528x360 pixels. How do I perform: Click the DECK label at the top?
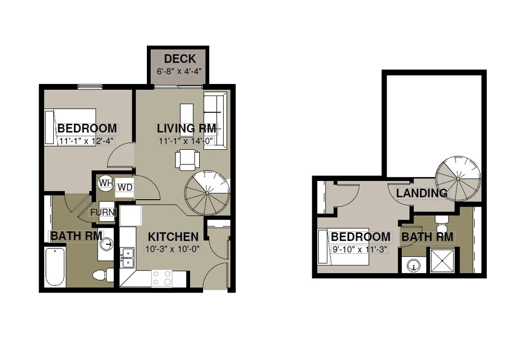click(x=180, y=59)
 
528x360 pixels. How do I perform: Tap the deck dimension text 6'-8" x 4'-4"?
click(x=180, y=71)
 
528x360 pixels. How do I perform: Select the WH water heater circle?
click(x=106, y=183)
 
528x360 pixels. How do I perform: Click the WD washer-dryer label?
click(x=124, y=188)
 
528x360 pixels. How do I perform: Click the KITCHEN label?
click(x=172, y=236)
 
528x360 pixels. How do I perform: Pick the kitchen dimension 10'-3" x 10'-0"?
click(x=172, y=248)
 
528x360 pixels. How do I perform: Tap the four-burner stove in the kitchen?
click(x=161, y=278)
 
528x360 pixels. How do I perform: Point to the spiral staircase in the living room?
click(x=207, y=192)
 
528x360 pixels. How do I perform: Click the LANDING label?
click(x=421, y=193)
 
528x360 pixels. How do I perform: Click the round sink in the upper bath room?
click(x=414, y=264)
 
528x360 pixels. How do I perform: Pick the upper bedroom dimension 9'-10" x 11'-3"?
click(x=360, y=248)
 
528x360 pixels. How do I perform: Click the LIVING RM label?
click(x=187, y=129)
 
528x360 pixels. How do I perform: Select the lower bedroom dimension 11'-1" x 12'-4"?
click(x=87, y=141)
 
